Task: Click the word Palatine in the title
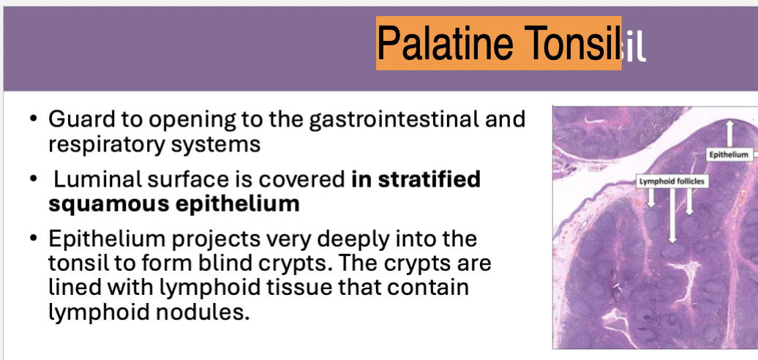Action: tap(446, 42)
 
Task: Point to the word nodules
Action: tap(202, 312)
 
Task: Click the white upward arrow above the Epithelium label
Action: tap(729, 133)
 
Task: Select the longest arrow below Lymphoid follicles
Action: tap(672, 215)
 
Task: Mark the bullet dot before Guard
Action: tap(33, 119)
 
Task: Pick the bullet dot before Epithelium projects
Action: tap(33, 239)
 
